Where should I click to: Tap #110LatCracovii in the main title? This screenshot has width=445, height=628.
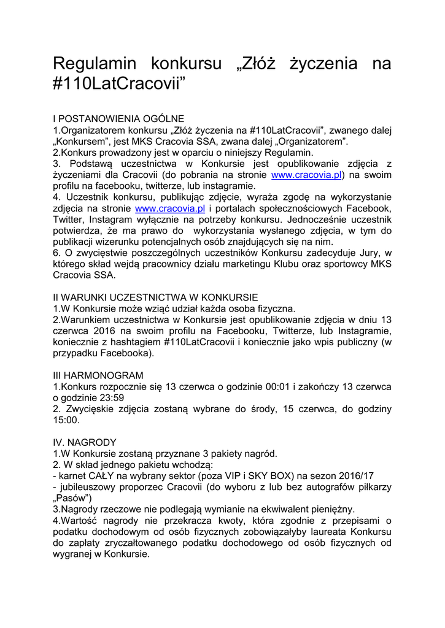[118, 84]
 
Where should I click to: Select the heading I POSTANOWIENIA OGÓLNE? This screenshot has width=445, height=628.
[118, 119]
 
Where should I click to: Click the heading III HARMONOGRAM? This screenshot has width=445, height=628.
[98, 375]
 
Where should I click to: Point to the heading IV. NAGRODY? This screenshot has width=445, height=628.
[85, 442]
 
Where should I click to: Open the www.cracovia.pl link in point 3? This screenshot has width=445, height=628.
[306, 175]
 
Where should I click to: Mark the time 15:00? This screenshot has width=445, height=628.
[67, 420]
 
